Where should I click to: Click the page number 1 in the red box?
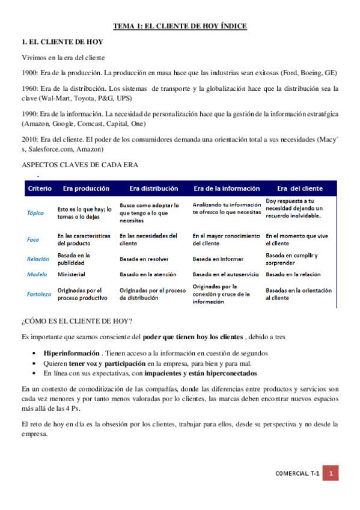[330, 473]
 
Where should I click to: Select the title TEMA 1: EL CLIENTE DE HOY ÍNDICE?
[180, 26]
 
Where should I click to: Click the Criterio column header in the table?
[40, 188]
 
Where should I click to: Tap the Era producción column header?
[86, 188]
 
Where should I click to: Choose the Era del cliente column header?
[299, 188]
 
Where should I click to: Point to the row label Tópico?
[35, 212]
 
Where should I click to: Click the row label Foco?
[33, 239]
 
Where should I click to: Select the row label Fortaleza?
[39, 294]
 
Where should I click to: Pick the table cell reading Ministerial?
[71, 274]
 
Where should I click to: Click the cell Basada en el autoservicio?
[225, 274]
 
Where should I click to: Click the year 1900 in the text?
[28, 73]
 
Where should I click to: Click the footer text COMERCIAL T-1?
[297, 473]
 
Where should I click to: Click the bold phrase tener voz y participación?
[107, 364]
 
